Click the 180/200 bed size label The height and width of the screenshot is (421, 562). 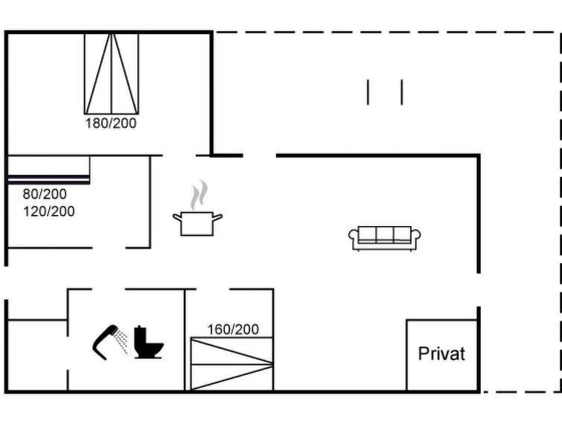(111, 123)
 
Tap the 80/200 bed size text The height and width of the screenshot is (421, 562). (45, 194)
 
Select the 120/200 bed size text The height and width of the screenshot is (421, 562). (49, 211)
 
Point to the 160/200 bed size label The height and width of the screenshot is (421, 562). (233, 330)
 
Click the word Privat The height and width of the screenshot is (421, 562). (441, 353)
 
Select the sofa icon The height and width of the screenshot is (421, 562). (385, 239)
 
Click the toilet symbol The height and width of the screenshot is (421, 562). (148, 342)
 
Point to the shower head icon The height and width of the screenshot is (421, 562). (105, 342)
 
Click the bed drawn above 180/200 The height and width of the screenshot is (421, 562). (112, 74)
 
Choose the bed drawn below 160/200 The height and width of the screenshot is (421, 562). (231, 364)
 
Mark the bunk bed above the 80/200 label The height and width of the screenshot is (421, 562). (48, 170)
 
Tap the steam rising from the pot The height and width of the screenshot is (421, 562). (199, 196)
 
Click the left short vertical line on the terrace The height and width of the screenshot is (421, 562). (368, 92)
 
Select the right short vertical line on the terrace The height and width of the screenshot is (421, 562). (402, 92)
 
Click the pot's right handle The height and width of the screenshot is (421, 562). (217, 217)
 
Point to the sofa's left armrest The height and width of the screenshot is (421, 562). (353, 236)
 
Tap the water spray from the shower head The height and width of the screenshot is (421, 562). (121, 341)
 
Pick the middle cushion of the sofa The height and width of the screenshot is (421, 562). (385, 234)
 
